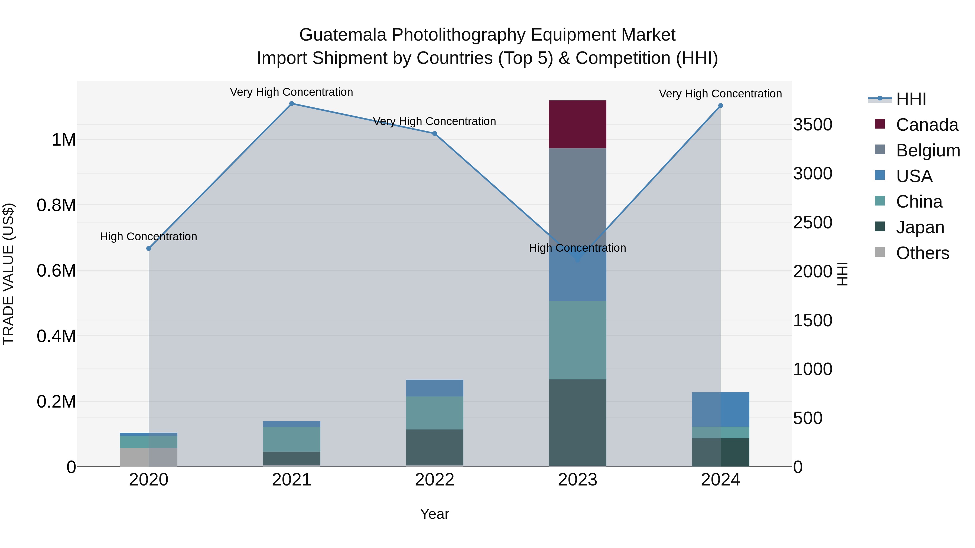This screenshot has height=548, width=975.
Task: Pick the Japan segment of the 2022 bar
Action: [x=434, y=447]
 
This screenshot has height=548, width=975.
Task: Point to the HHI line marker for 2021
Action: [x=291, y=104]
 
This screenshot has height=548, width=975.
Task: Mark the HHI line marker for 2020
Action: [x=149, y=248]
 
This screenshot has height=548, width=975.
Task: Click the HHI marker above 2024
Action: [x=720, y=106]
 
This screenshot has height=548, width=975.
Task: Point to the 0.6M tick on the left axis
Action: [x=56, y=271]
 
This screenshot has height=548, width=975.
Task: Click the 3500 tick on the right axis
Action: [x=812, y=124]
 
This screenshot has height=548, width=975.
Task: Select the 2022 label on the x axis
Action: [x=434, y=480]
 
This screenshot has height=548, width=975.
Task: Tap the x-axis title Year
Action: [x=434, y=514]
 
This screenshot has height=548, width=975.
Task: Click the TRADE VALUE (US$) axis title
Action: [x=8, y=274]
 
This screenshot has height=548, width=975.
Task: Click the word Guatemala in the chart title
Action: [x=343, y=35]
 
